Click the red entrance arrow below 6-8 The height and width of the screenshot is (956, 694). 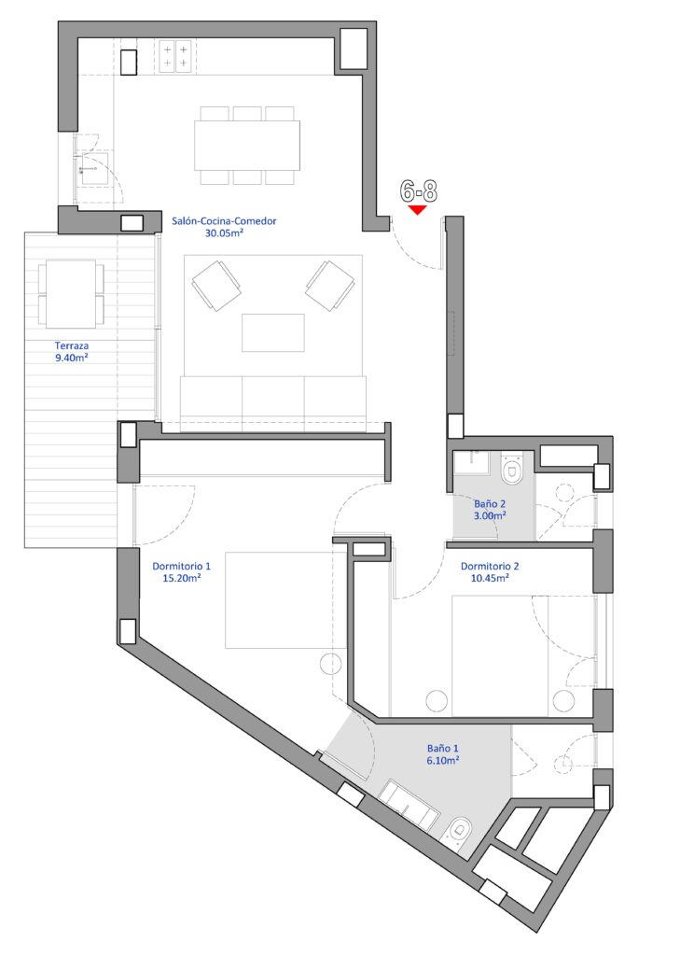tap(417, 210)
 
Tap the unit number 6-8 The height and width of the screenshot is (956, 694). tap(419, 191)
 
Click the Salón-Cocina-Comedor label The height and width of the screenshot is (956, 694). tap(224, 220)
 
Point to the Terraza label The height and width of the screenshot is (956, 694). tap(72, 345)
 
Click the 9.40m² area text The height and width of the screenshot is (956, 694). tap(72, 358)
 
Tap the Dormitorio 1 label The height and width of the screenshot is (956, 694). tap(182, 567)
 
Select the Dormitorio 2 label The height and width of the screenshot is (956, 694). tap(490, 566)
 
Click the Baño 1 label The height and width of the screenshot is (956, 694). tap(443, 748)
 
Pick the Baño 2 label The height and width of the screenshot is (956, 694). tap(490, 504)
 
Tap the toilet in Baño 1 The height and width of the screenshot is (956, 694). tap(459, 831)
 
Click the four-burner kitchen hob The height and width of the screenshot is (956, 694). tap(176, 56)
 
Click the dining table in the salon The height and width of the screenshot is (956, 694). tap(247, 146)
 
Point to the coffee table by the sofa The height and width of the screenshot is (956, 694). tap(273, 333)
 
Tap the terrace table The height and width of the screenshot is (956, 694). tap(71, 294)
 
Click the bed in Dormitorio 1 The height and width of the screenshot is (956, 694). tap(285, 600)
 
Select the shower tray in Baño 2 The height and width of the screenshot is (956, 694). tap(472, 464)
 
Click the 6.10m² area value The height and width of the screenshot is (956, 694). tap(443, 760)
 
